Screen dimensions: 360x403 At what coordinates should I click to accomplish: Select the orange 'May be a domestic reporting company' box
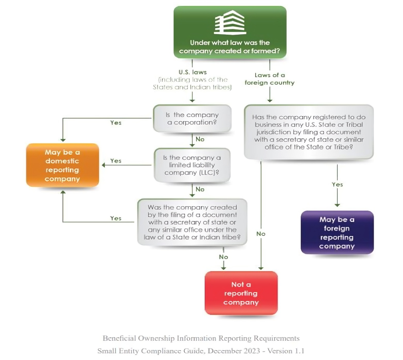[x=62, y=165]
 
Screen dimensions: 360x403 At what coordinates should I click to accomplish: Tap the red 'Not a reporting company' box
[x=241, y=293]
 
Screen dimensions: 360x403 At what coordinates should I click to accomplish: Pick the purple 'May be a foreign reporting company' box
[x=337, y=232]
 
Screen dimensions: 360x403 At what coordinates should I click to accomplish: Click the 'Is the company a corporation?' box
[x=192, y=118]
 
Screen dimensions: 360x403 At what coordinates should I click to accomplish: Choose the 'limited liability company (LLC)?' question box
[x=192, y=165]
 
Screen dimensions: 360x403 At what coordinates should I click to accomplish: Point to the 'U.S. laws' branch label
[x=193, y=72]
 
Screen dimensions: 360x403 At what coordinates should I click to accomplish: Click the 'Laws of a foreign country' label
[x=269, y=79]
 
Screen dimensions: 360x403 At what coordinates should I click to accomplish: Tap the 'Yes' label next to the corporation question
[x=116, y=123]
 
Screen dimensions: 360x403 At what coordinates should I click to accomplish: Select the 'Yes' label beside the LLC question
[x=116, y=161]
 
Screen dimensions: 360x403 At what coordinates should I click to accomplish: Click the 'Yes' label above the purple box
[x=337, y=185]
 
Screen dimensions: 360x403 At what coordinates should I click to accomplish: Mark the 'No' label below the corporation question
[x=200, y=139]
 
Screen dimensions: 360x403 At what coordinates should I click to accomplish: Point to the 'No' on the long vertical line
[x=261, y=234]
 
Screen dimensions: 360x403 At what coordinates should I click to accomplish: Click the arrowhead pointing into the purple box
[x=337, y=205]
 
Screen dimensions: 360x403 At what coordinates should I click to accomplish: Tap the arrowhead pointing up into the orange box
[x=63, y=192]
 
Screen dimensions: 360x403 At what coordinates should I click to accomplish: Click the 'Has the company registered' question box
[x=309, y=132]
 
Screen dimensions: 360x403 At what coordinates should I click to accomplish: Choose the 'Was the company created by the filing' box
[x=192, y=222]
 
